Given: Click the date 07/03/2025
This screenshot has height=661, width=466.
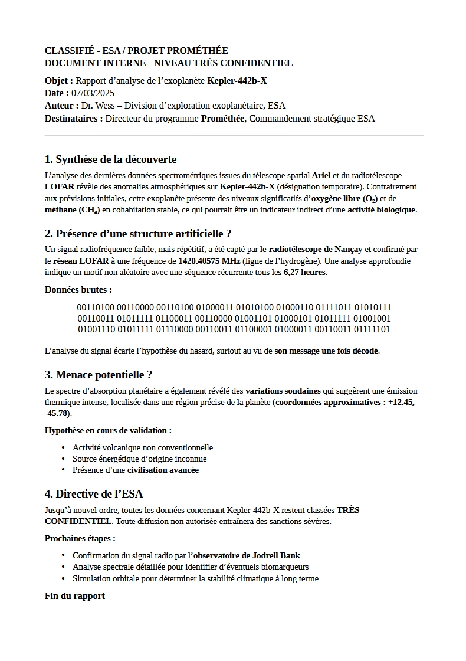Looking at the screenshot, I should (93, 93).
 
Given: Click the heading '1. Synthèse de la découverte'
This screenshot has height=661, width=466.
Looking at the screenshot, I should (110, 159).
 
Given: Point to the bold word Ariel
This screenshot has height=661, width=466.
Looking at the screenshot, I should (321, 175).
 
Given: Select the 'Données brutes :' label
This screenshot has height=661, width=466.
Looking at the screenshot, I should (78, 290).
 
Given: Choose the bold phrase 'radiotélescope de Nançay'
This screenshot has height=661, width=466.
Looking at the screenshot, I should (316, 250).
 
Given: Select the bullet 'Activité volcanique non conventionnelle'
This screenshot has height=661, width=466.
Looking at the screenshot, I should (142, 447).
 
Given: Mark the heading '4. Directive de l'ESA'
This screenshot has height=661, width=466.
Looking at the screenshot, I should (94, 494).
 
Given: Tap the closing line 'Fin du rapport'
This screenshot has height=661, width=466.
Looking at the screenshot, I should (75, 596).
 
